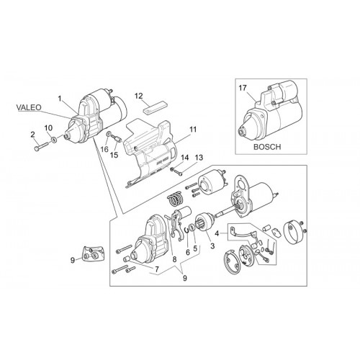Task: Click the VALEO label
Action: point(29,107)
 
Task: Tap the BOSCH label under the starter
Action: point(267,147)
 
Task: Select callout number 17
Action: point(243,88)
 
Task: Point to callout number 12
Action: point(138,96)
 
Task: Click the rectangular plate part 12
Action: point(156,107)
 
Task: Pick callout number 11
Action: point(193,130)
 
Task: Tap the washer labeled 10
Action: point(55,139)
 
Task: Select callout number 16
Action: point(104,149)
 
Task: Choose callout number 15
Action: point(114,155)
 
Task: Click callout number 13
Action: point(199,158)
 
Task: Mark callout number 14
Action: point(185,158)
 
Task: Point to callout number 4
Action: point(217,233)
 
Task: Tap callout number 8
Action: point(174,259)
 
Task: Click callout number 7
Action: point(157,269)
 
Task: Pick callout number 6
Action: point(188,252)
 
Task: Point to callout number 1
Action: point(59,98)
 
